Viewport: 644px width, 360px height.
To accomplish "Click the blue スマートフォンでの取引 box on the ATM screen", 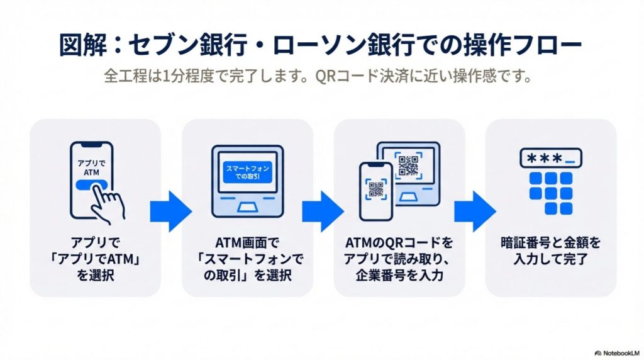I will click(x=247, y=173).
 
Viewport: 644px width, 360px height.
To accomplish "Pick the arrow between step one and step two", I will click(x=170, y=207).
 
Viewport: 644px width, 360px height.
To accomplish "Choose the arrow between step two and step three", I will click(x=323, y=207).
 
